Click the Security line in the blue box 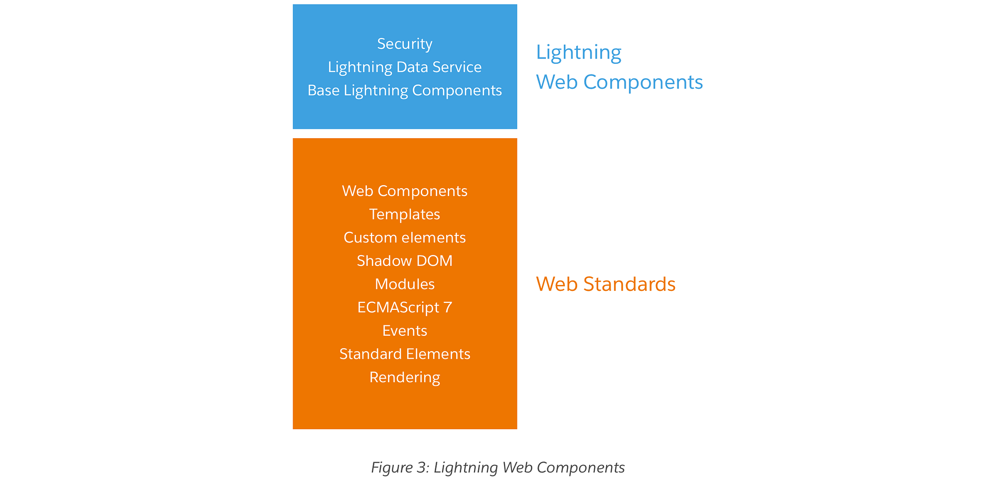tap(404, 44)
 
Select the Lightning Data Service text tap(404, 67)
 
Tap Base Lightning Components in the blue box tap(404, 90)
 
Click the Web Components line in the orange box tap(404, 191)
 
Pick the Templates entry tap(404, 215)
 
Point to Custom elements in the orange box tap(404, 238)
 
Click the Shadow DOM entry tap(404, 261)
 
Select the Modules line tap(404, 284)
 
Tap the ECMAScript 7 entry tap(404, 307)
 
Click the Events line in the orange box tap(404, 331)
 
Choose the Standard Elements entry tap(404, 354)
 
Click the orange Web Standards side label tap(605, 284)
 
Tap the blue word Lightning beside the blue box tap(578, 52)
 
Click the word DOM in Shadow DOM tap(436, 261)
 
